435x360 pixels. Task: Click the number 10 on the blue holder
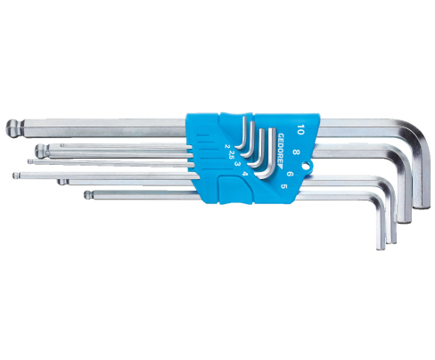point(300,130)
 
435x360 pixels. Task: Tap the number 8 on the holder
point(295,152)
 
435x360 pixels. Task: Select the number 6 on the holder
point(291,174)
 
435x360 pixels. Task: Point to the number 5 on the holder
point(284,186)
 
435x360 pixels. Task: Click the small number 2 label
point(226,146)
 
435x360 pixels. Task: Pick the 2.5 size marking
point(232,154)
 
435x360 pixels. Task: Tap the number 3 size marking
point(237,164)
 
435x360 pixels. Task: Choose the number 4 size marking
point(244,174)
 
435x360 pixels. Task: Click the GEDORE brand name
point(281,147)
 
